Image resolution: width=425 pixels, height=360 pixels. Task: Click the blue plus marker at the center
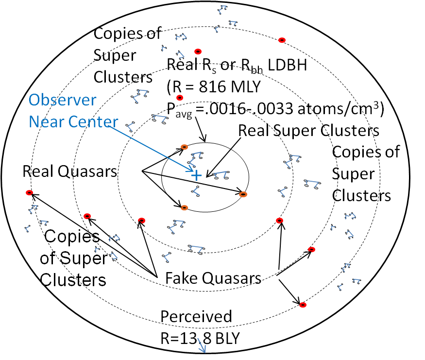coord(196,175)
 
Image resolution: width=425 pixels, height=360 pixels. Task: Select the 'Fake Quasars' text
coord(213,279)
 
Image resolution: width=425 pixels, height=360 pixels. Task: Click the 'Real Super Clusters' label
coord(308,131)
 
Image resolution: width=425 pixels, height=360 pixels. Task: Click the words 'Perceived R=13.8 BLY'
coord(200,327)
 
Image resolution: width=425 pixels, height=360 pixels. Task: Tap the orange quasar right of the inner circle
coord(243,194)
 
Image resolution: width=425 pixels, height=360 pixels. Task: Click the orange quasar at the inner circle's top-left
coord(184,147)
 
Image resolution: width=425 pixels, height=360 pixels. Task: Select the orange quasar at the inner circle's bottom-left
coord(184,207)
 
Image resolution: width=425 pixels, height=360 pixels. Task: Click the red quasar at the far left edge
coord(29,193)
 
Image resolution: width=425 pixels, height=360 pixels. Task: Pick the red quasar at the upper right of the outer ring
coord(281,40)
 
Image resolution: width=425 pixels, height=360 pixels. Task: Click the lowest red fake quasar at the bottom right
coord(303,305)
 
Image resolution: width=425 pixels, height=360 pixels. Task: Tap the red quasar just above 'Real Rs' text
coord(197,51)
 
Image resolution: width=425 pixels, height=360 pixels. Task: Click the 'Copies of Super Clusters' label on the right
coord(365,173)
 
